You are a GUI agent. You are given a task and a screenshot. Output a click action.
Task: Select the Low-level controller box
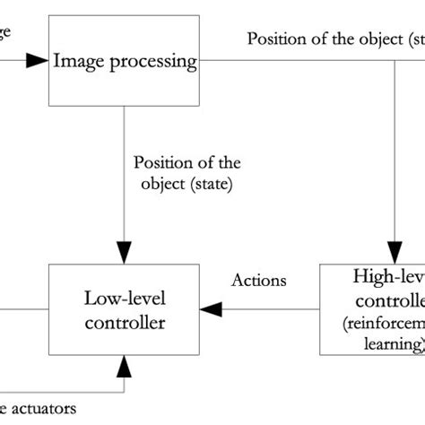(x=126, y=309)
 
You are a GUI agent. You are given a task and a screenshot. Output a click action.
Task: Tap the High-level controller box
(x=373, y=309)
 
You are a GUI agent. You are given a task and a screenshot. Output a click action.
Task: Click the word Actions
(x=259, y=281)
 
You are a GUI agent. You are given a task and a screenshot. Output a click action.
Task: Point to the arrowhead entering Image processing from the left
(x=36, y=61)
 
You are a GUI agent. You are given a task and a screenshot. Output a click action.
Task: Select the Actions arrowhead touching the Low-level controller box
(x=210, y=309)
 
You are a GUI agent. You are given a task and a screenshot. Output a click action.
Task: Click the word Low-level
(x=126, y=298)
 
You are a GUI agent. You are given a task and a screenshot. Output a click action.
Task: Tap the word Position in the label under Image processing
(x=161, y=163)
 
